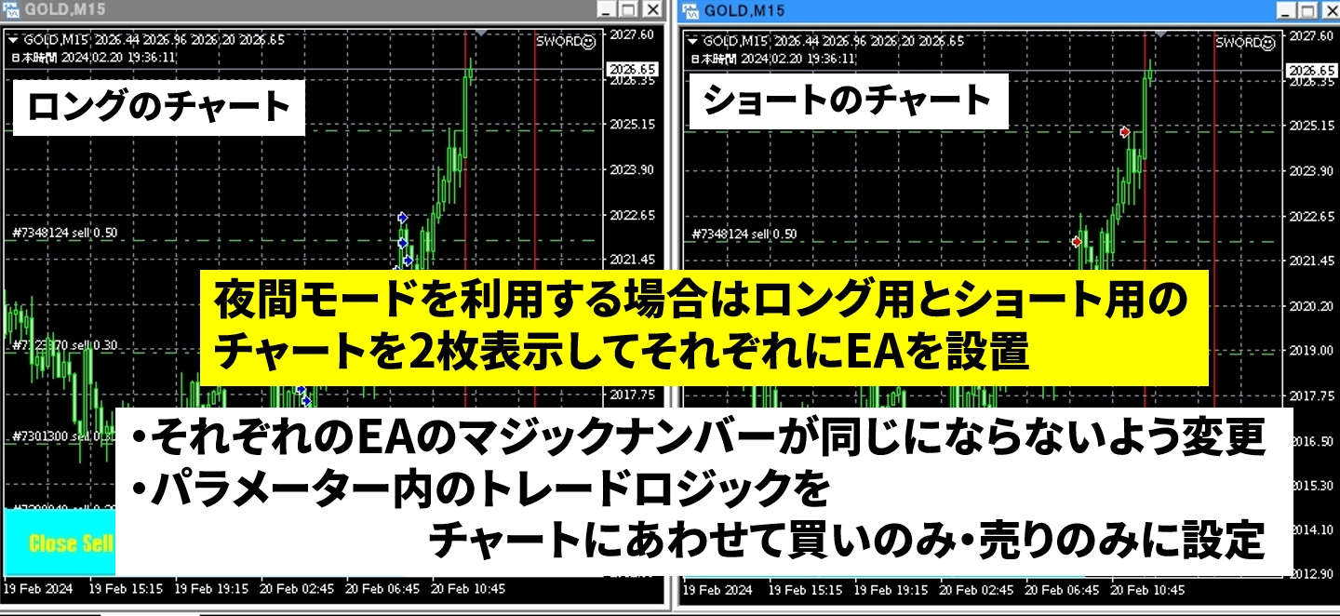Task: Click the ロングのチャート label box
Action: pyautogui.click(x=158, y=106)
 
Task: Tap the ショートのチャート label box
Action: pyautogui.click(x=847, y=100)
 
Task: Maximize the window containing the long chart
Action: pyautogui.click(x=629, y=9)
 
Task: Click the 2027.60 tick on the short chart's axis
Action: pyautogui.click(x=1312, y=34)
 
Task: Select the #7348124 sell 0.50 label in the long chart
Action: pyautogui.click(x=64, y=233)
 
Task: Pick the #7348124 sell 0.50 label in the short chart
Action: pyautogui.click(x=744, y=234)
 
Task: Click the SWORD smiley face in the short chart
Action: pyautogui.click(x=1269, y=43)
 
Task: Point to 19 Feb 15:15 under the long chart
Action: pyautogui.click(x=126, y=590)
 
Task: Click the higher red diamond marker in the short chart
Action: pyautogui.click(x=1125, y=132)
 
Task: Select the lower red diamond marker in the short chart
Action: pyautogui.click(x=1077, y=242)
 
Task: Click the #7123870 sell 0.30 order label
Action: pyautogui.click(x=64, y=345)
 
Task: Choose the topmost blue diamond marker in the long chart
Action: pyautogui.click(x=403, y=215)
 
